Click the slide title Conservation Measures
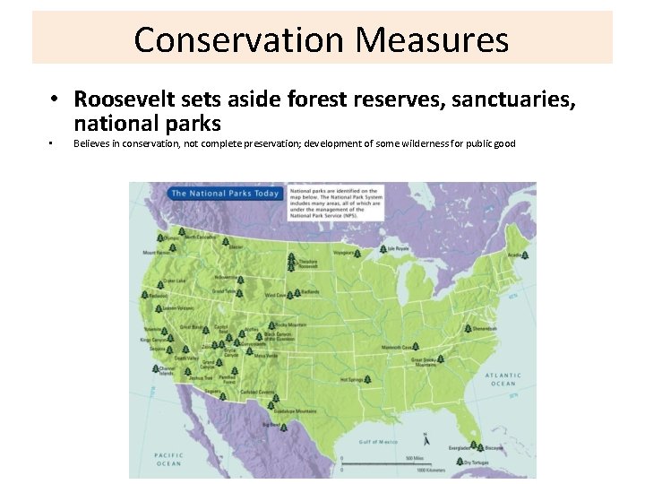click(x=322, y=39)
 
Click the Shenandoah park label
click(x=485, y=329)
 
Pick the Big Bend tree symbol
click(x=283, y=428)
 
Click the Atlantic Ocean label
click(x=503, y=379)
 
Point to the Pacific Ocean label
click(x=168, y=459)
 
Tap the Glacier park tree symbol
click(x=226, y=242)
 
